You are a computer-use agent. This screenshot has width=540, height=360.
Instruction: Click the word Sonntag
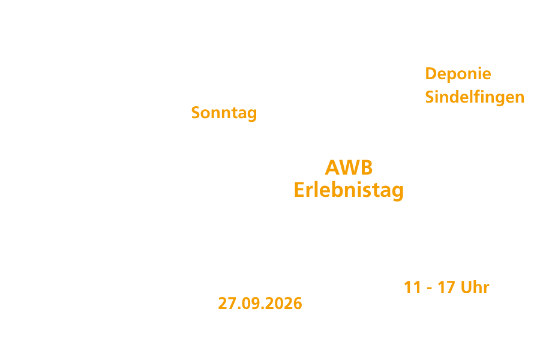tap(224, 113)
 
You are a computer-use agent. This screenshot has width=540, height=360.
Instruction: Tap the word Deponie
tap(458, 74)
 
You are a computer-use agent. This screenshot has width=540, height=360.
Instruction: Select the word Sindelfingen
tap(475, 97)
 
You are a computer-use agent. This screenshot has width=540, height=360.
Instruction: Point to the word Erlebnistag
tap(349, 191)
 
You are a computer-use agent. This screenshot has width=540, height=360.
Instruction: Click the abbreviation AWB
tap(349, 168)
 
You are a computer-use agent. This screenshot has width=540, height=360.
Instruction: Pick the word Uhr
tap(475, 287)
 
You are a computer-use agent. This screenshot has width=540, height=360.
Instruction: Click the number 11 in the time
tap(412, 287)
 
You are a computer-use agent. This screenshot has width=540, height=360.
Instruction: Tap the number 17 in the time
tap(446, 287)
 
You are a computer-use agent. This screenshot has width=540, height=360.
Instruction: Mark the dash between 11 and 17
tap(430, 289)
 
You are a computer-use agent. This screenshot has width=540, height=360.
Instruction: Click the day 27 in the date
tap(227, 304)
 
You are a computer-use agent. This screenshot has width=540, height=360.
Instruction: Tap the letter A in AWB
tap(333, 168)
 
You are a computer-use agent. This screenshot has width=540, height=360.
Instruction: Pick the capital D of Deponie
tap(431, 74)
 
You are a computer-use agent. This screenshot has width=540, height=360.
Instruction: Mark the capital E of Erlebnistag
tap(299, 190)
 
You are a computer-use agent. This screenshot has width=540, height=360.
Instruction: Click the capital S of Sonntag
tap(196, 113)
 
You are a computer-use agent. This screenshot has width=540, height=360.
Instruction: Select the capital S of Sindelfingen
tap(430, 97)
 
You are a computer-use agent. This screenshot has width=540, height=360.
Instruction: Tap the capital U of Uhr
tap(466, 287)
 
